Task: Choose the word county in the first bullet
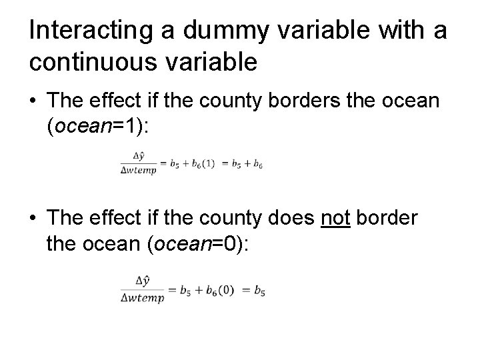(x=220, y=102)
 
